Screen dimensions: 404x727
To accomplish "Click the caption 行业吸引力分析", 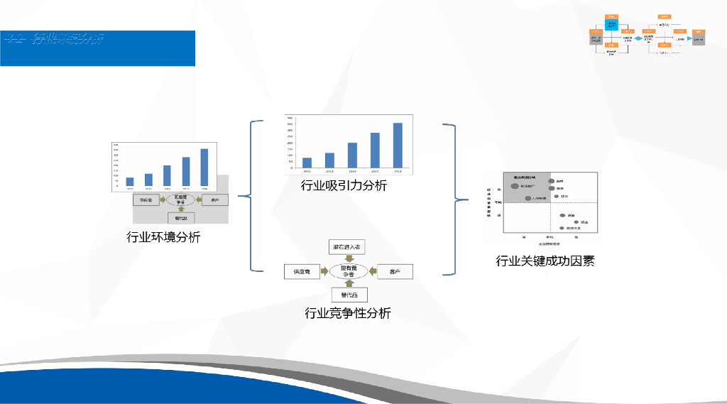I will coord(344,185).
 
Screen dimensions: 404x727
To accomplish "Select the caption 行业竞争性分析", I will coord(347,312).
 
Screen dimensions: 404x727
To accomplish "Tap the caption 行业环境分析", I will coord(163,237).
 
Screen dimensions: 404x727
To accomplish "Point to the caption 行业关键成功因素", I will coord(545,261).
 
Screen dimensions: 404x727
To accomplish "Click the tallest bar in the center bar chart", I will coord(398,146).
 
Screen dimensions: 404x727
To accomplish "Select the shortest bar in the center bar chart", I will coord(307,163).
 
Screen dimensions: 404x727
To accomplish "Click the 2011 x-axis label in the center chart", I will coord(307,172).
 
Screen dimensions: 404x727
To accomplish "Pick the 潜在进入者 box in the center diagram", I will coord(347,247).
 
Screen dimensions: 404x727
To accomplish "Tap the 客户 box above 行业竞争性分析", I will coord(394,271).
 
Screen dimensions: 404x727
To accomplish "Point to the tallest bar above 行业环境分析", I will coord(204,168).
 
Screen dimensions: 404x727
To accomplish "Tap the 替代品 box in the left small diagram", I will coord(181,218).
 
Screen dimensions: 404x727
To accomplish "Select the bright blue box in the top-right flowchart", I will coord(611,24).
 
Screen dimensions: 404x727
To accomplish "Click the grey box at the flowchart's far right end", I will coord(699,40).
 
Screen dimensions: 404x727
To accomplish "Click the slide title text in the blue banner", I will coord(54,38).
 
